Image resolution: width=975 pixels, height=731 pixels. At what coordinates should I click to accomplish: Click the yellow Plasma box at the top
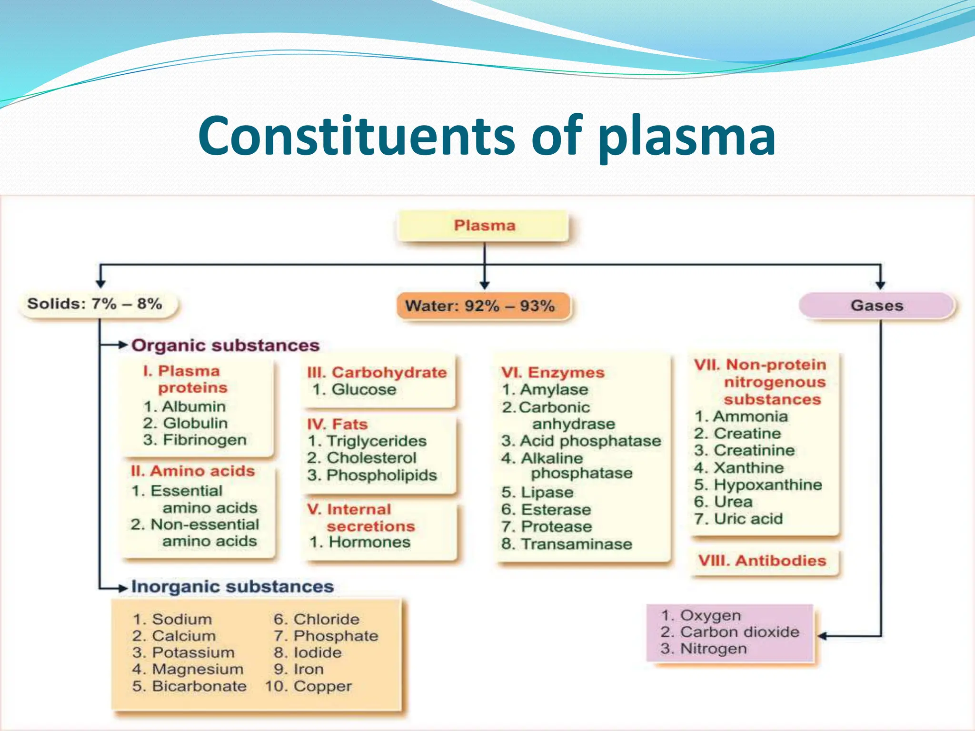click(484, 226)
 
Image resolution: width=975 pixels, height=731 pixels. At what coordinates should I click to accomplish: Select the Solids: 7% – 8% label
click(95, 304)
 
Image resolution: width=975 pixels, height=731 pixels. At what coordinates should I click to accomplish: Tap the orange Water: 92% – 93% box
click(481, 306)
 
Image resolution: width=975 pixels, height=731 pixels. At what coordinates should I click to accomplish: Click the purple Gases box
click(877, 306)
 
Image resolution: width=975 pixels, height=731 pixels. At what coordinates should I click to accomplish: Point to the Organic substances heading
click(225, 346)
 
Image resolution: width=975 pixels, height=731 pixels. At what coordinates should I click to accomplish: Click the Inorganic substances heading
click(232, 587)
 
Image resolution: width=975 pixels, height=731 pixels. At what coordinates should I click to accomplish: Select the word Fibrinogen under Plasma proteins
click(205, 440)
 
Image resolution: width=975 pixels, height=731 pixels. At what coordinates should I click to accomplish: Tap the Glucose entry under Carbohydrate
click(364, 389)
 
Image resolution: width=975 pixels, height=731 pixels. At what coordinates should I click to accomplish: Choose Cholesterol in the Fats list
click(371, 458)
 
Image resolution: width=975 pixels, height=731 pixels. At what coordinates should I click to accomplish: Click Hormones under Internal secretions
click(369, 542)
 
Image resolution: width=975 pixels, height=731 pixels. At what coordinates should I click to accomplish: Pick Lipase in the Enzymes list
click(547, 492)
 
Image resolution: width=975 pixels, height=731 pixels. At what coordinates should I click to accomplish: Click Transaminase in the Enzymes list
click(577, 544)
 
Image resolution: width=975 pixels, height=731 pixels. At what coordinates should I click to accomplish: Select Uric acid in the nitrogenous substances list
click(748, 519)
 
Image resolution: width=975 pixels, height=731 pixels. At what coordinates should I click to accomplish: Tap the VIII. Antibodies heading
click(762, 561)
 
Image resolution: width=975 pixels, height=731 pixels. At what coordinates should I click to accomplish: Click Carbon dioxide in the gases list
click(740, 632)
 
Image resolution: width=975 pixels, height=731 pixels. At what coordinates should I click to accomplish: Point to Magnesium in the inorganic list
click(198, 669)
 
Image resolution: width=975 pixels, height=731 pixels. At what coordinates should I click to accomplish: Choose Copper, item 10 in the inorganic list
click(322, 686)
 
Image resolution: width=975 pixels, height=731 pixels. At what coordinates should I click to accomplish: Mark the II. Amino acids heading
click(193, 471)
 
